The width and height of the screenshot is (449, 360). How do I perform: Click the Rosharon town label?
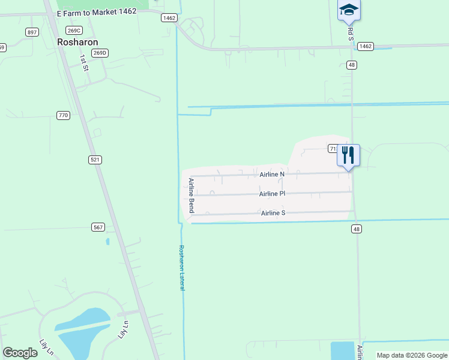[77, 42]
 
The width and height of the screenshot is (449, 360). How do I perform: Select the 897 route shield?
[32, 32]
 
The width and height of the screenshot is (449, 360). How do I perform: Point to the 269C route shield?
[74, 31]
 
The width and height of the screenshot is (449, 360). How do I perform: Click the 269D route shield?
[100, 53]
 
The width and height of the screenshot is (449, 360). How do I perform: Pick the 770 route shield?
[63, 115]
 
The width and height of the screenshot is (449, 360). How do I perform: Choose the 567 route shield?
[99, 227]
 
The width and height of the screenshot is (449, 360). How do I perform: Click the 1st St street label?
[85, 63]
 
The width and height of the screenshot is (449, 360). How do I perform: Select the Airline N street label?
[272, 174]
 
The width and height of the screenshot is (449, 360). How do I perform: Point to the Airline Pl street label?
[272, 194]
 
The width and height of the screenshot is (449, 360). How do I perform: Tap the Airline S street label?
[273, 213]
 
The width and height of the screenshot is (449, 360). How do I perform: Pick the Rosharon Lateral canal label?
[181, 268]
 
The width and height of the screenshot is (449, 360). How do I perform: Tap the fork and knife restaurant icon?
[349, 155]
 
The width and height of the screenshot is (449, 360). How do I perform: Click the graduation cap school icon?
[349, 10]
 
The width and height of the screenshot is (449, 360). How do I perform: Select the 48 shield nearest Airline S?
[357, 229]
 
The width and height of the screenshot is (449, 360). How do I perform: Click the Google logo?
[20, 353]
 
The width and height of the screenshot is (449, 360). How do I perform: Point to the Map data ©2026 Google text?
[412, 355]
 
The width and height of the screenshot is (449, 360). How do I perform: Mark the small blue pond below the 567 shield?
[107, 242]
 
